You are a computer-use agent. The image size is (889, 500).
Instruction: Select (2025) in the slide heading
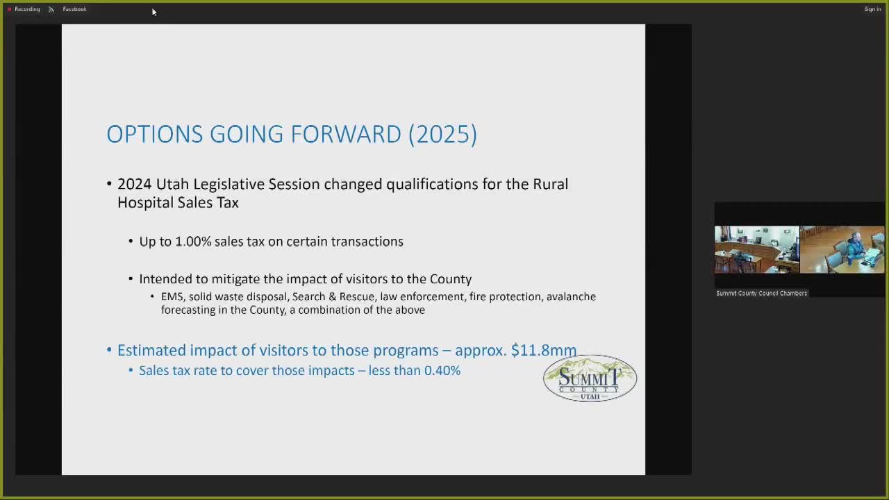click(442, 134)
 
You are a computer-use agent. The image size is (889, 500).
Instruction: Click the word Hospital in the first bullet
click(144, 203)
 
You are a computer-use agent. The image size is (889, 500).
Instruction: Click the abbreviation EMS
click(172, 297)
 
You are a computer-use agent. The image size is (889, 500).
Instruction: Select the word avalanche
click(571, 297)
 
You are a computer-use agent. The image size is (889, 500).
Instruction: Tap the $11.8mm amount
click(544, 350)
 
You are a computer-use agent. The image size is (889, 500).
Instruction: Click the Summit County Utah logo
click(590, 378)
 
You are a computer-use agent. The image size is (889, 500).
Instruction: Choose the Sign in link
click(872, 9)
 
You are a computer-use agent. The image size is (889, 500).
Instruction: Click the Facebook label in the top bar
click(74, 9)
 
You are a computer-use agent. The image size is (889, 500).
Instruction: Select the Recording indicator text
click(27, 9)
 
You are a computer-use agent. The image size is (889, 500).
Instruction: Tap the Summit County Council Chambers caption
click(761, 293)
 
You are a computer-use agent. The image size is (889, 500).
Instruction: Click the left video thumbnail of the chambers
click(756, 249)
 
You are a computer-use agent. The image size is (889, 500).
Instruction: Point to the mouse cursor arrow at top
click(153, 11)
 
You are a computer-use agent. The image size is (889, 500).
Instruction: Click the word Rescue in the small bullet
click(356, 297)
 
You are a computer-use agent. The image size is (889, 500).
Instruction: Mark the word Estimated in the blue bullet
click(151, 350)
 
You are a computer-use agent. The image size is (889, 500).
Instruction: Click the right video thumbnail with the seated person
click(842, 249)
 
